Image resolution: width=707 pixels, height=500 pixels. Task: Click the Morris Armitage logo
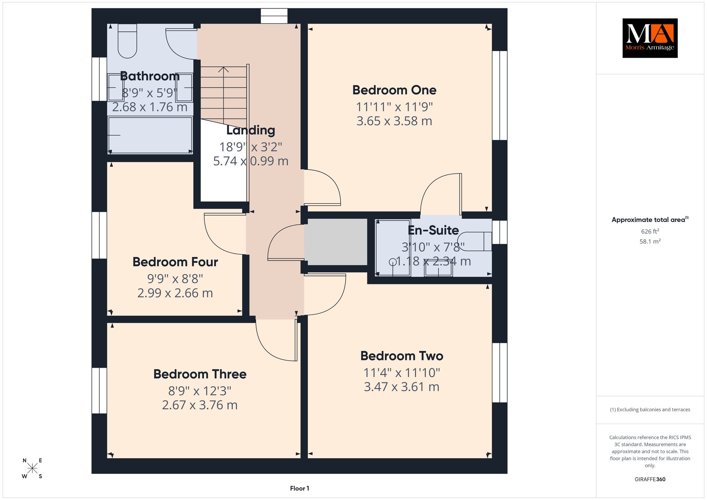[x=650, y=38]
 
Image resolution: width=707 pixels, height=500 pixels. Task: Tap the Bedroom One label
[x=394, y=90]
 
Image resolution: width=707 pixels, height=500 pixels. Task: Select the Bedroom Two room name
[x=401, y=356]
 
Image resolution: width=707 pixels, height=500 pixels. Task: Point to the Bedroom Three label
[x=200, y=374]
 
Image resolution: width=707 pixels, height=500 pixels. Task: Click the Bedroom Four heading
[x=175, y=262]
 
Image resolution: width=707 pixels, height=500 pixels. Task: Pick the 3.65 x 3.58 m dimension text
[x=394, y=121]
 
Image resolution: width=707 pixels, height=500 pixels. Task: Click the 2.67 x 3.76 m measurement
[x=200, y=405]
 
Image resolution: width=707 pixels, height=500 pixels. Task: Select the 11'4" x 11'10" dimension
[x=401, y=373]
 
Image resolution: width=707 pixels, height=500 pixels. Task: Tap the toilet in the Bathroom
[x=127, y=41]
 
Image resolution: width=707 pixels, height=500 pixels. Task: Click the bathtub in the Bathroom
[x=150, y=135]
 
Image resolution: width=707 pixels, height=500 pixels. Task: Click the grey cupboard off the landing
[x=336, y=241]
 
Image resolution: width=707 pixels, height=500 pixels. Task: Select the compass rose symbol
[x=32, y=468]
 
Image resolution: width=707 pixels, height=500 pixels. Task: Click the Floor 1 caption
[x=300, y=488]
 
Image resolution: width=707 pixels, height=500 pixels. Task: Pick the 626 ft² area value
[x=650, y=231]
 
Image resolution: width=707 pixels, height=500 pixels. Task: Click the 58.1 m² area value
[x=650, y=241]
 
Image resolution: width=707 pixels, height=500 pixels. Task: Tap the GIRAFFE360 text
[x=650, y=479]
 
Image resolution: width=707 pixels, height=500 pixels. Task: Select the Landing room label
[x=251, y=130]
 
